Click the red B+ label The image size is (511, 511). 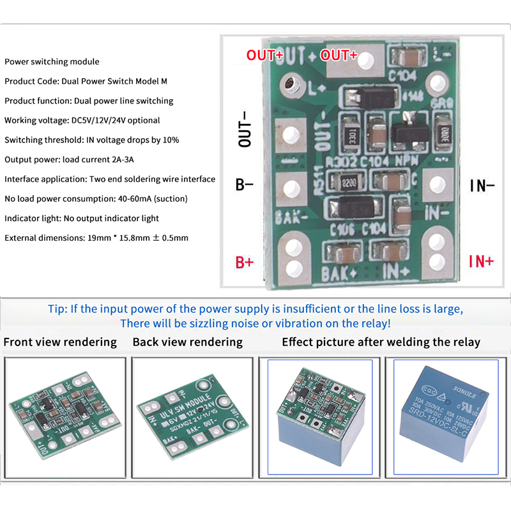(245, 262)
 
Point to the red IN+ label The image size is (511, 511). (481, 261)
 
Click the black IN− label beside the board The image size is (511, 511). (482, 186)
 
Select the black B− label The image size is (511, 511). (245, 186)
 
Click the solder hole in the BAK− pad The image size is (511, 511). (291, 188)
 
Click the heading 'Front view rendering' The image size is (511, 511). (60, 342)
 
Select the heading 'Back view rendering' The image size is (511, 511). (188, 342)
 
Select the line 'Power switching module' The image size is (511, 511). (52, 62)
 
